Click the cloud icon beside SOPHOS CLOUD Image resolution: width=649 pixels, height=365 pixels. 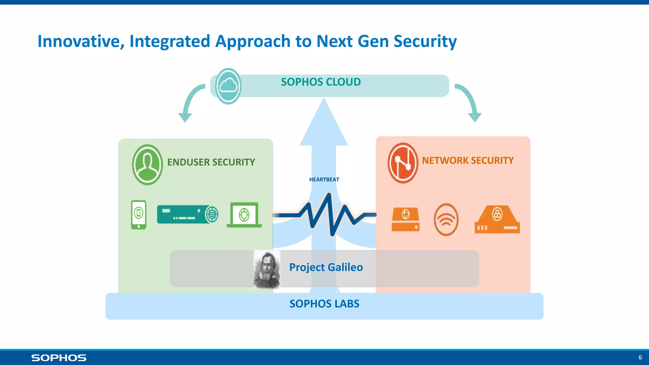pyautogui.click(x=228, y=86)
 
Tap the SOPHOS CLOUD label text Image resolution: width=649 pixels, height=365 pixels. pyautogui.click(x=321, y=82)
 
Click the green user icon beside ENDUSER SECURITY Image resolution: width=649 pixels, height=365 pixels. pyautogui.click(x=147, y=165)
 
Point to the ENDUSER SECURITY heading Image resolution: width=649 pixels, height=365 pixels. pyautogui.click(x=211, y=162)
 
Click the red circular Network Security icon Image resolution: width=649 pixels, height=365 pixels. pyautogui.click(x=403, y=163)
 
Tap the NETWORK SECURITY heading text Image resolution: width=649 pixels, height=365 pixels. pyautogui.click(x=468, y=161)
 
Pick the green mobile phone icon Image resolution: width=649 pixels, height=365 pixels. pyautogui.click(x=139, y=215)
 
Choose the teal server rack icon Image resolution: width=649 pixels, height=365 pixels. pyautogui.click(x=187, y=214)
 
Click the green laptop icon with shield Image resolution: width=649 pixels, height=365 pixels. pyautogui.click(x=244, y=215)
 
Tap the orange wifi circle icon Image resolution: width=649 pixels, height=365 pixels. pyautogui.click(x=446, y=220)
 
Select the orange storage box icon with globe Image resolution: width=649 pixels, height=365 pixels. pyautogui.click(x=406, y=219)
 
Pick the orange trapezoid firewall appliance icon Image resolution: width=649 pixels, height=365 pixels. pyautogui.click(x=497, y=220)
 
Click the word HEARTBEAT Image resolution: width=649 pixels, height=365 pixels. pyautogui.click(x=324, y=180)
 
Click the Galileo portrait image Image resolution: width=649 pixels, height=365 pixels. pyautogui.click(x=267, y=269)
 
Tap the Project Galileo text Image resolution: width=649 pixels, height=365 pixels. pyautogui.click(x=326, y=267)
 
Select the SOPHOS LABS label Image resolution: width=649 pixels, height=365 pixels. pyautogui.click(x=324, y=304)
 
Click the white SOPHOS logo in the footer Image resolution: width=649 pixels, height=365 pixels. pyautogui.click(x=59, y=358)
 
